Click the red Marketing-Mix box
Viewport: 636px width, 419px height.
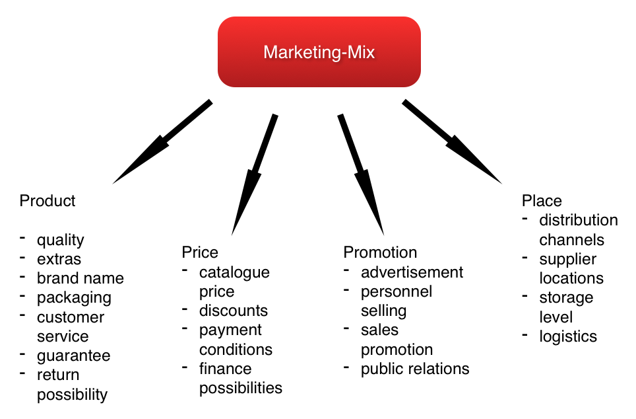coord(319,52)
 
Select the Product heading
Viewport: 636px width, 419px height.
coord(48,201)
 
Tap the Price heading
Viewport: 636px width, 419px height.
coord(199,252)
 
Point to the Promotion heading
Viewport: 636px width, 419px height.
coord(380,252)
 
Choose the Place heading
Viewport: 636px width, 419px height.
coord(542,201)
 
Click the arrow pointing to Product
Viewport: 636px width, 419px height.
coord(162,142)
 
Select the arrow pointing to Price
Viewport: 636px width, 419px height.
coord(254,175)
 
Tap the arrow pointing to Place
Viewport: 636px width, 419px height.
coord(453,141)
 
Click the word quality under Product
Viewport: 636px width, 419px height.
coord(60,240)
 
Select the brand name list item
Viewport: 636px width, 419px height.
coord(80,278)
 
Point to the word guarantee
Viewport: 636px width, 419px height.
coord(73,356)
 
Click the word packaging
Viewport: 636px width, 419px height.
coord(74,298)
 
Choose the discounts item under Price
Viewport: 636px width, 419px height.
coord(234,311)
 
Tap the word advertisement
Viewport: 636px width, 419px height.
coord(412,272)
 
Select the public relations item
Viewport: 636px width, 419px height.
coord(415,369)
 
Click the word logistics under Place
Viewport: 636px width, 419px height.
coord(567,336)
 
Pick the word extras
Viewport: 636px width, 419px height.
coord(59,259)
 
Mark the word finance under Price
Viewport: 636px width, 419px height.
coord(225,369)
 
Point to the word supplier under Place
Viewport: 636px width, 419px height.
coord(567,259)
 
